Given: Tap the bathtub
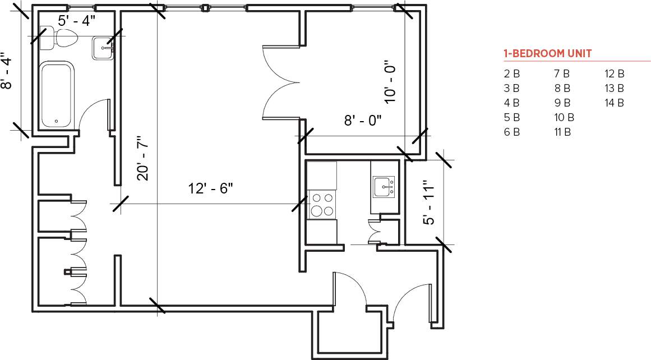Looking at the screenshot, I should (56, 94).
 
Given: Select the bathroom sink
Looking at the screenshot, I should (103, 48).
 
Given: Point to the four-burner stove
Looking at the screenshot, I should (322, 204).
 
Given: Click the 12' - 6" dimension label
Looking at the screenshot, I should (210, 188).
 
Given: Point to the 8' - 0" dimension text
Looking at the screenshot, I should (362, 119).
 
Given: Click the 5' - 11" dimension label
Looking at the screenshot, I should (428, 202).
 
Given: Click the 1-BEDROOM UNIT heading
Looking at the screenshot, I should (547, 54).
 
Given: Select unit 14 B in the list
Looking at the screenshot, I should (614, 103).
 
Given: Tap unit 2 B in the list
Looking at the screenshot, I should (511, 73).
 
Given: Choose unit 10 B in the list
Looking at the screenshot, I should (564, 117).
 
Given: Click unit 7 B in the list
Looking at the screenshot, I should (561, 73).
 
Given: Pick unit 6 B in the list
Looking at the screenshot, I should (511, 132).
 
